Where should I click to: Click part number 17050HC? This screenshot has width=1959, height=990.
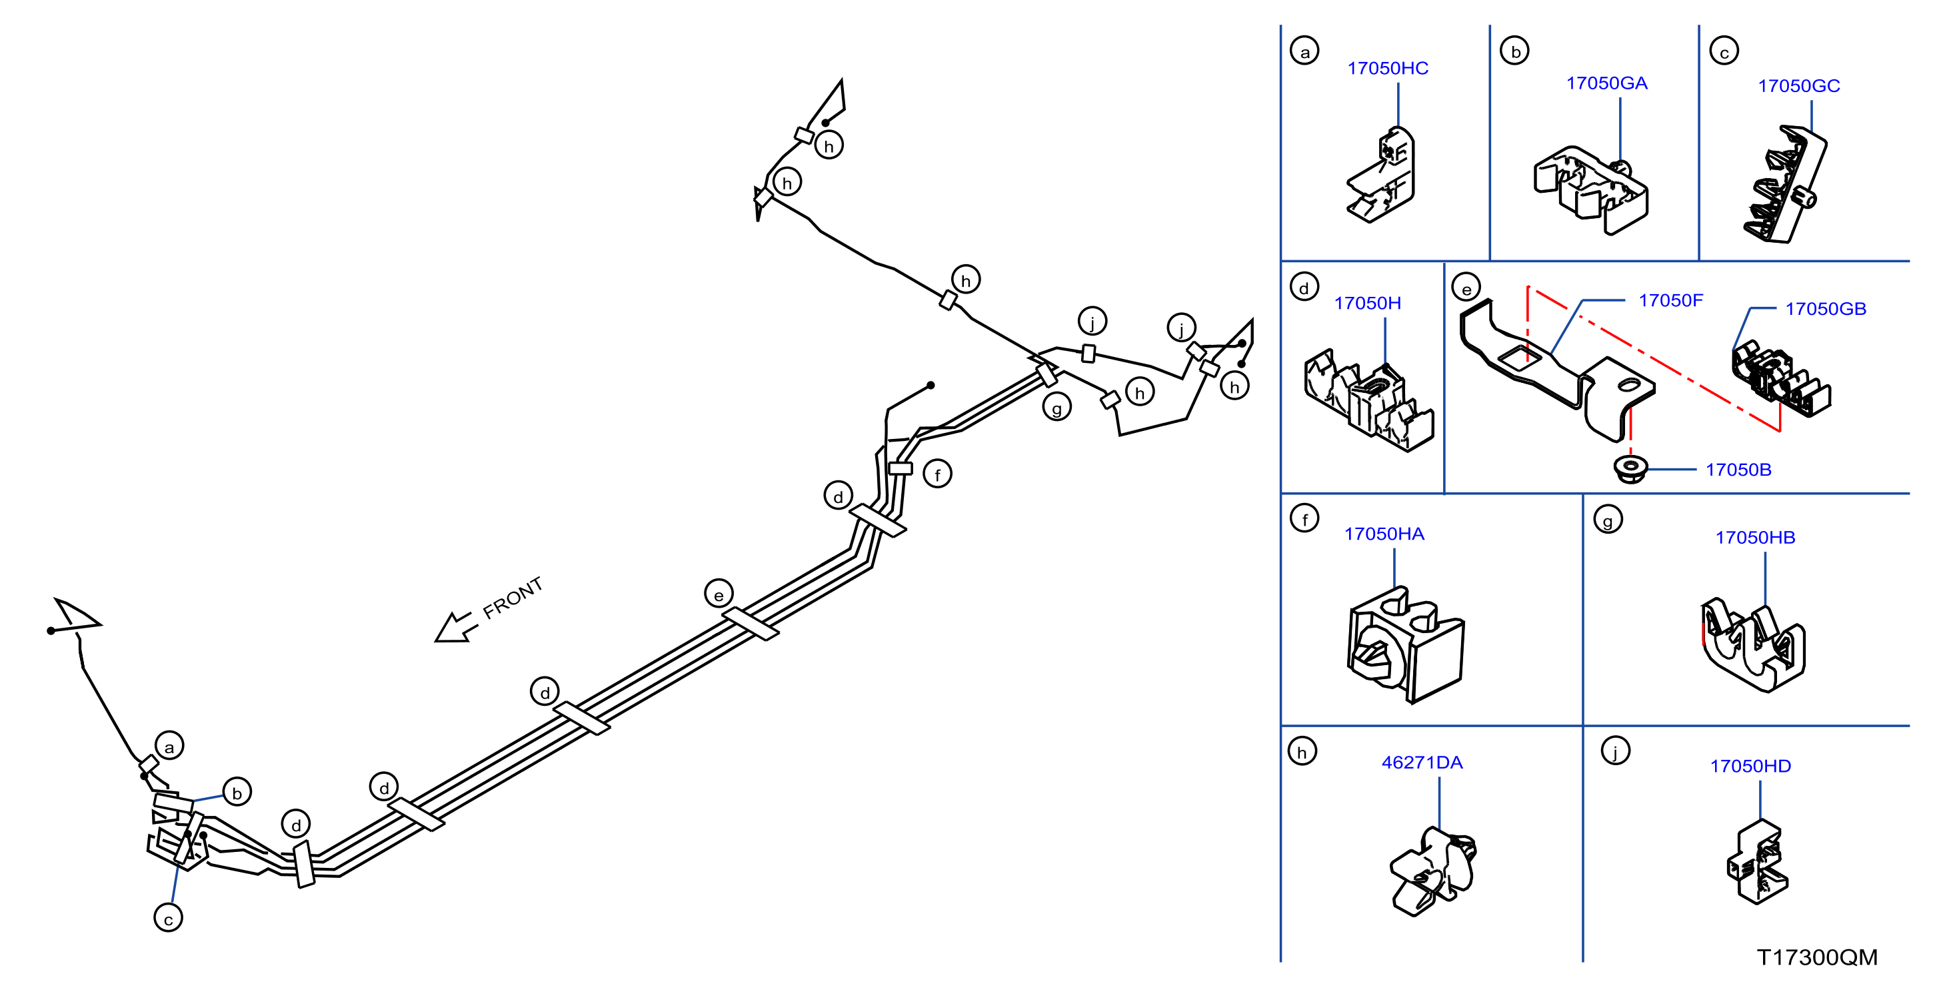click(x=1387, y=69)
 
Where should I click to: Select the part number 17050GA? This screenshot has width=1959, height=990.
click(x=1606, y=83)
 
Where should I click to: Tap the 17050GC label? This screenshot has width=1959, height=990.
click(x=1798, y=86)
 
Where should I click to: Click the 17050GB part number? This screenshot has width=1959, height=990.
click(x=1825, y=309)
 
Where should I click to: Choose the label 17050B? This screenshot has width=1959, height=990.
click(x=1738, y=470)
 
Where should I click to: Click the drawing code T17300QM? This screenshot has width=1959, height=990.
click(x=1817, y=957)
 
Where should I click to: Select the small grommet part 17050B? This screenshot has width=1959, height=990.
click(x=1630, y=468)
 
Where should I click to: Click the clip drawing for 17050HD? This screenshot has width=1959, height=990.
click(x=1758, y=861)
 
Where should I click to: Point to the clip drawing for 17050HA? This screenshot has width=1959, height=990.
click(x=1405, y=645)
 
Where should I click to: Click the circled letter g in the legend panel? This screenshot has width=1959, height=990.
click(x=1608, y=520)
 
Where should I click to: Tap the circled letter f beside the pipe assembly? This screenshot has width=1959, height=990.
click(x=937, y=474)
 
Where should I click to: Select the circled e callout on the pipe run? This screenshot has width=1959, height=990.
click(x=719, y=594)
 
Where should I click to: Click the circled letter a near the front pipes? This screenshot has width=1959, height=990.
click(x=169, y=746)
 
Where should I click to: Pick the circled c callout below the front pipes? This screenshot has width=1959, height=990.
click(x=168, y=918)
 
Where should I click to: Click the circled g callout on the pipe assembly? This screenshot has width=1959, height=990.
click(x=1056, y=407)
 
